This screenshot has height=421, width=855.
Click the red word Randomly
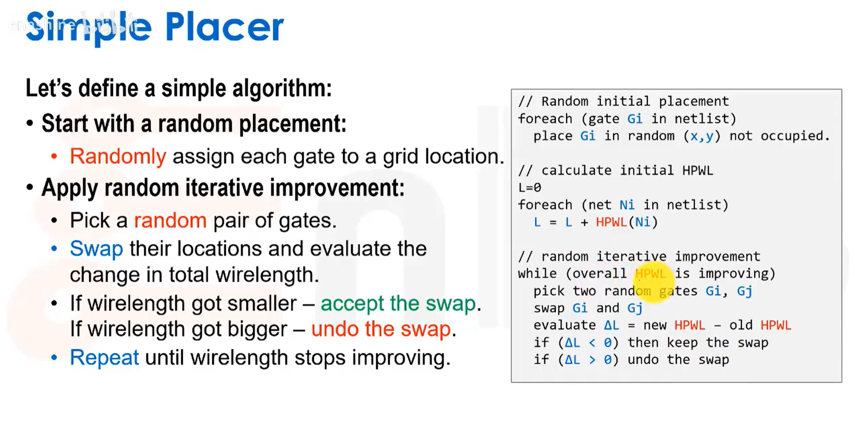[118, 156]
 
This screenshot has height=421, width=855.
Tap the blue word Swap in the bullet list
[96, 249]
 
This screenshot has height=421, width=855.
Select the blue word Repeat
[104, 358]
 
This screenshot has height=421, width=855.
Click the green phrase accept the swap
[398, 304]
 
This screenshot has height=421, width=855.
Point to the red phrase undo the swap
[381, 330]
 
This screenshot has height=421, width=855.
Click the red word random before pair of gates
[170, 221]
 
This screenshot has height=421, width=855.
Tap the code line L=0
[529, 187]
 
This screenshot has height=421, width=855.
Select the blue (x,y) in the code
[702, 136]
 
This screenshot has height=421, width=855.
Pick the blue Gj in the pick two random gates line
[744, 291]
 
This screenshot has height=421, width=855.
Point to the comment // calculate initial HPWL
[615, 170]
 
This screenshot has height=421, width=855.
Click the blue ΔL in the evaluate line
[611, 325]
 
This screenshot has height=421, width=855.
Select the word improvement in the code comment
[718, 256]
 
